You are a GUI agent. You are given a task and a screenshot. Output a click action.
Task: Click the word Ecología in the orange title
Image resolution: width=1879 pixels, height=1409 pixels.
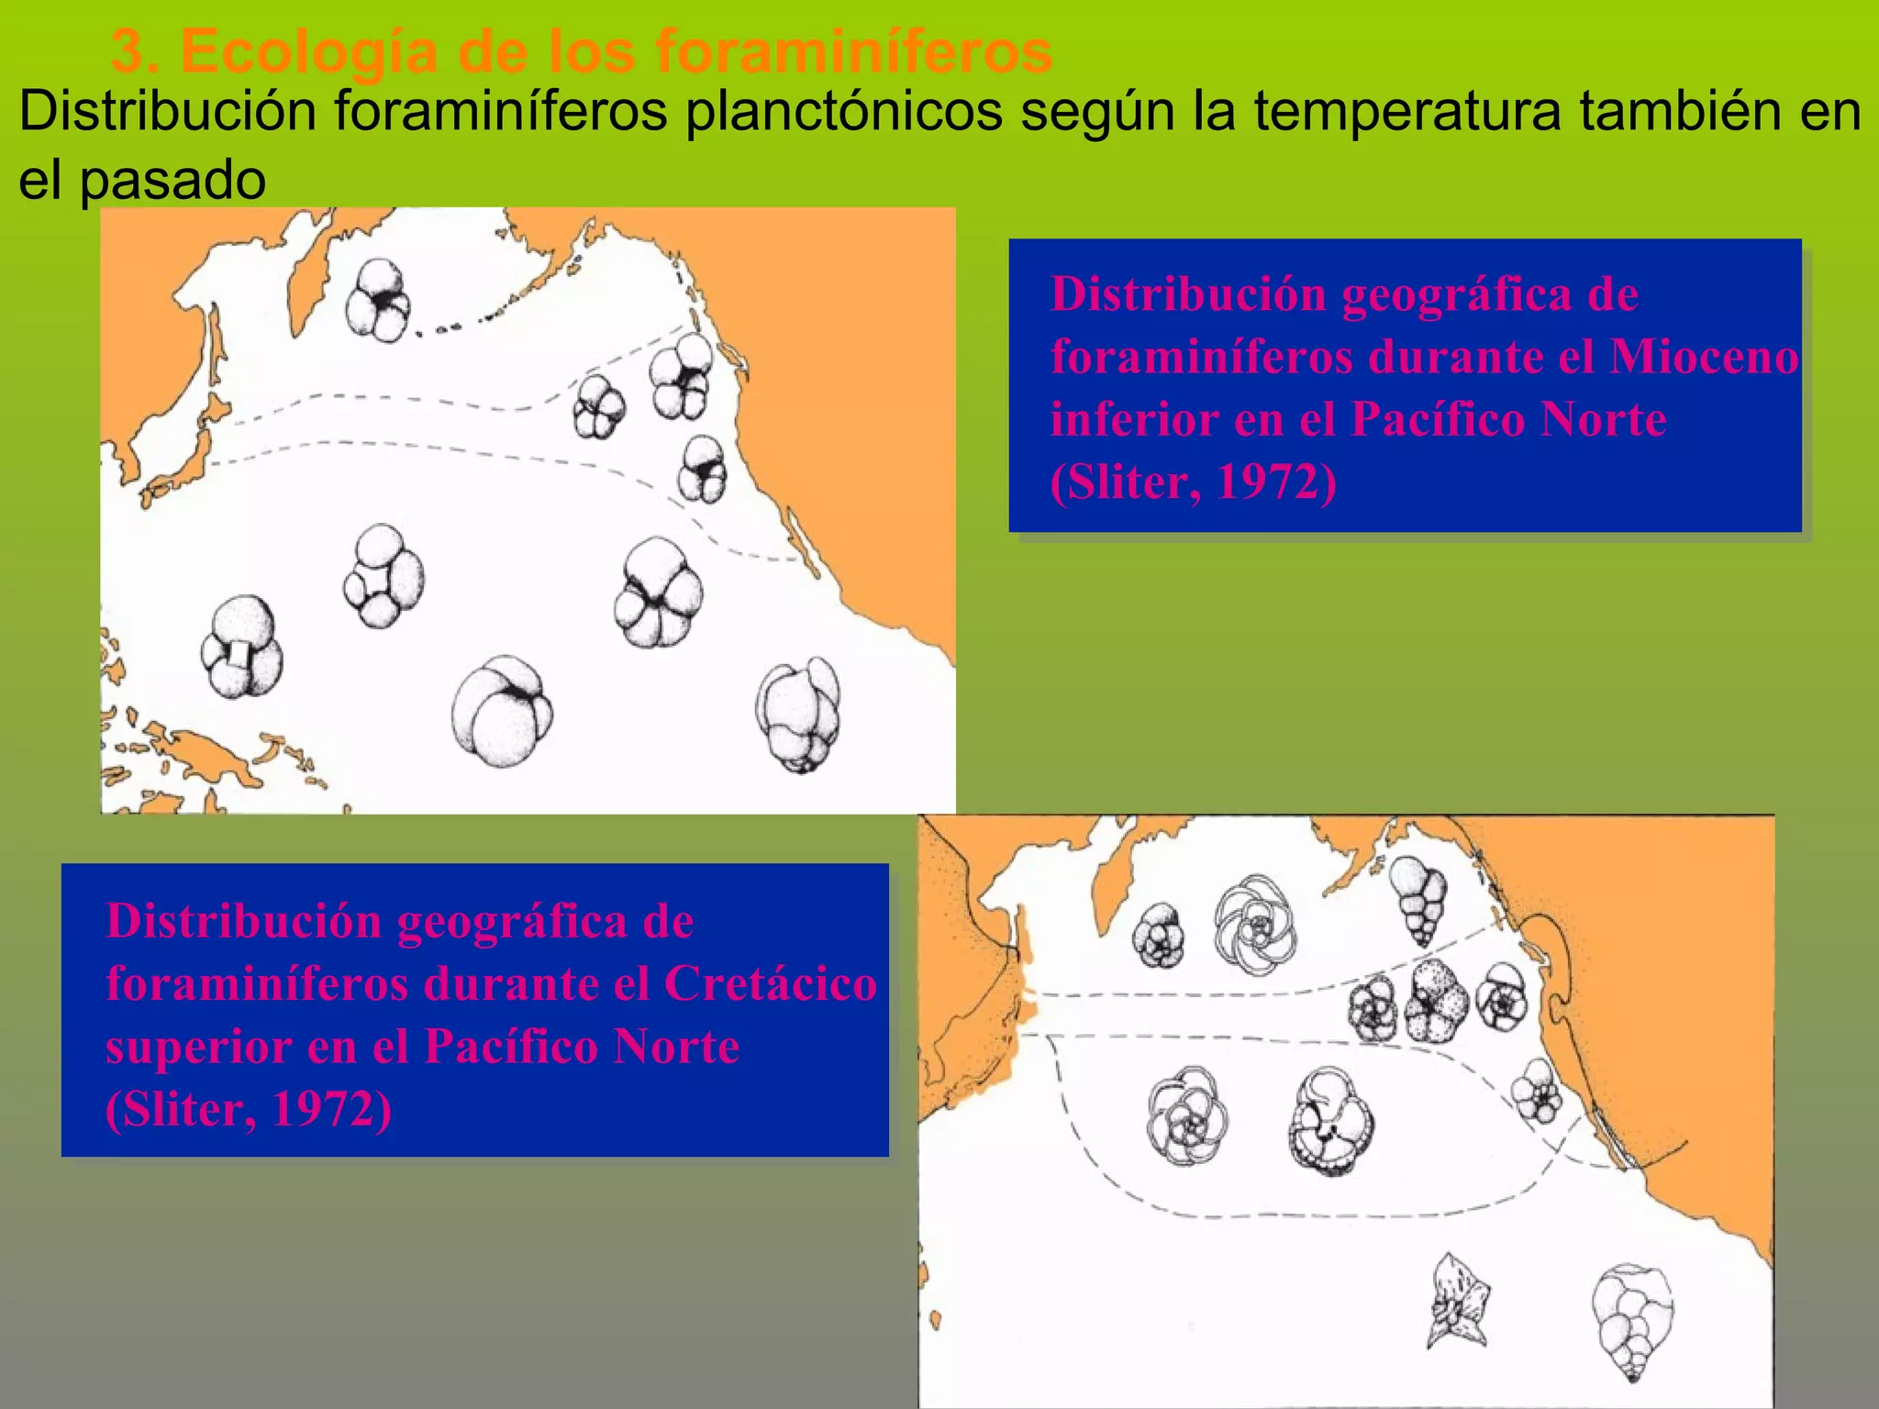tap(308, 51)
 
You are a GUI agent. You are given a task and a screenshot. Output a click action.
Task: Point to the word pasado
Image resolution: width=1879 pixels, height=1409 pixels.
tap(172, 180)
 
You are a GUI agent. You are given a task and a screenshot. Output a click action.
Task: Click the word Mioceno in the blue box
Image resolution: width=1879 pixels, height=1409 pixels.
tap(1704, 356)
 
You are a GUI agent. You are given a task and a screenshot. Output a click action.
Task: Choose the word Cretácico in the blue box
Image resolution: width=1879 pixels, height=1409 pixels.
tap(770, 983)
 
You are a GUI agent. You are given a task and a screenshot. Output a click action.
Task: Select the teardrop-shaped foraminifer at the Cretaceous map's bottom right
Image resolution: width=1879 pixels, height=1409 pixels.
tap(1632, 1322)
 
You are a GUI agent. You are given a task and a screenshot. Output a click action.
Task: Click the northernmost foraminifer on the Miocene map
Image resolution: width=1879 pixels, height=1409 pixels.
tap(378, 299)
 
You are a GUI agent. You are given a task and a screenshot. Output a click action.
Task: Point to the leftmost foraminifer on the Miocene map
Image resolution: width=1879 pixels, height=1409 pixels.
tap(241, 647)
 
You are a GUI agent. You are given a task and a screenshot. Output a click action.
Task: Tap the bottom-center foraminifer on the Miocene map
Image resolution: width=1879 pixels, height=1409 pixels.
tap(501, 712)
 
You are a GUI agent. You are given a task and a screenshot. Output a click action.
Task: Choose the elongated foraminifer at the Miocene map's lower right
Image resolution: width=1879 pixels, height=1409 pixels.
tap(798, 714)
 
